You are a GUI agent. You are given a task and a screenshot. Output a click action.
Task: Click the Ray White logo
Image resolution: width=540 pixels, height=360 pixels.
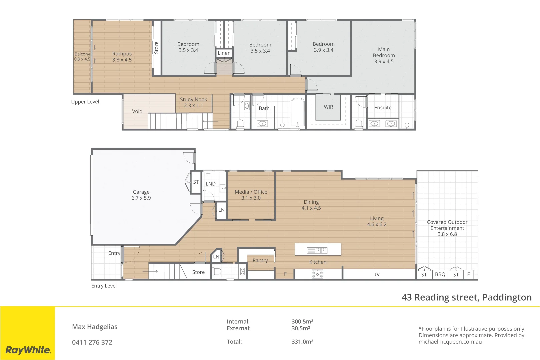pos(28,350)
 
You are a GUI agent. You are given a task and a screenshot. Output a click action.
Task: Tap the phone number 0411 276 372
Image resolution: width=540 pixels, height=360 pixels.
pos(92,342)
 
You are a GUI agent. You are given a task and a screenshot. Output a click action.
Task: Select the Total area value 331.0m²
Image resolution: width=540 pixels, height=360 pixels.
pos(302,342)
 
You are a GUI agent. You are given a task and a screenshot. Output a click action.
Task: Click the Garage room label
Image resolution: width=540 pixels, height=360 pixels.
pos(141,192)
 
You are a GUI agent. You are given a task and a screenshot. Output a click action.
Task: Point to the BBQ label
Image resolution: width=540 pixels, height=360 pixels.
pos(440,274)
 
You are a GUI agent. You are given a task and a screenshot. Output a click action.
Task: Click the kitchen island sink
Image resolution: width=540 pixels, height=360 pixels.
pos(317,250)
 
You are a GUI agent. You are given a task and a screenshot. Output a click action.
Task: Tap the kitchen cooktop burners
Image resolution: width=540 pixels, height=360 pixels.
pos(317,274)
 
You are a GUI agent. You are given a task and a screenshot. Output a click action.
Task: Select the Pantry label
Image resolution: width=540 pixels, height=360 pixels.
pos(260,260)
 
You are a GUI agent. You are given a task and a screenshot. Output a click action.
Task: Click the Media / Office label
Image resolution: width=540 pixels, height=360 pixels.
pos(251,192)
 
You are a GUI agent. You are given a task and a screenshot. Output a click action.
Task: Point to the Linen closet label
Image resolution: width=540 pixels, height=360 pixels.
pos(224,53)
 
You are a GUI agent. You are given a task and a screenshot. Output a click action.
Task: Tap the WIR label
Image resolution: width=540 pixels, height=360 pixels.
pos(328,107)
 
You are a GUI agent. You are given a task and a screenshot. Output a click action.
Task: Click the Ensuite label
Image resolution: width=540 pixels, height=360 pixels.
pos(383,108)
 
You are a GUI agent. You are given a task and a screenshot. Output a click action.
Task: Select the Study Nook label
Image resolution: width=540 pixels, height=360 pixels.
pos(193,99)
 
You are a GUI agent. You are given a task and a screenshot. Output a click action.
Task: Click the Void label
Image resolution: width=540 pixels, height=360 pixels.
pos(137,111)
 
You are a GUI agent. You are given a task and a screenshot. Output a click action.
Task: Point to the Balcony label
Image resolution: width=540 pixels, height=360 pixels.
pos(82,54)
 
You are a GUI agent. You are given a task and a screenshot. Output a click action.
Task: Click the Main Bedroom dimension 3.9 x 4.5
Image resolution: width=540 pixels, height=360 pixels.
pos(384,62)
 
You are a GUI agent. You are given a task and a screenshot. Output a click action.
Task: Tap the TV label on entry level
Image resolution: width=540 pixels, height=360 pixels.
pos(377,275)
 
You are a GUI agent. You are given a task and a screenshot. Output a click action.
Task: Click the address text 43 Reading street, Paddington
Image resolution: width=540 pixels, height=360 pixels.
pos(466,297)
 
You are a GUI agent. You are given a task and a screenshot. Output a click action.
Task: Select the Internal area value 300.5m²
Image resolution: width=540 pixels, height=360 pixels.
pos(302,322)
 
